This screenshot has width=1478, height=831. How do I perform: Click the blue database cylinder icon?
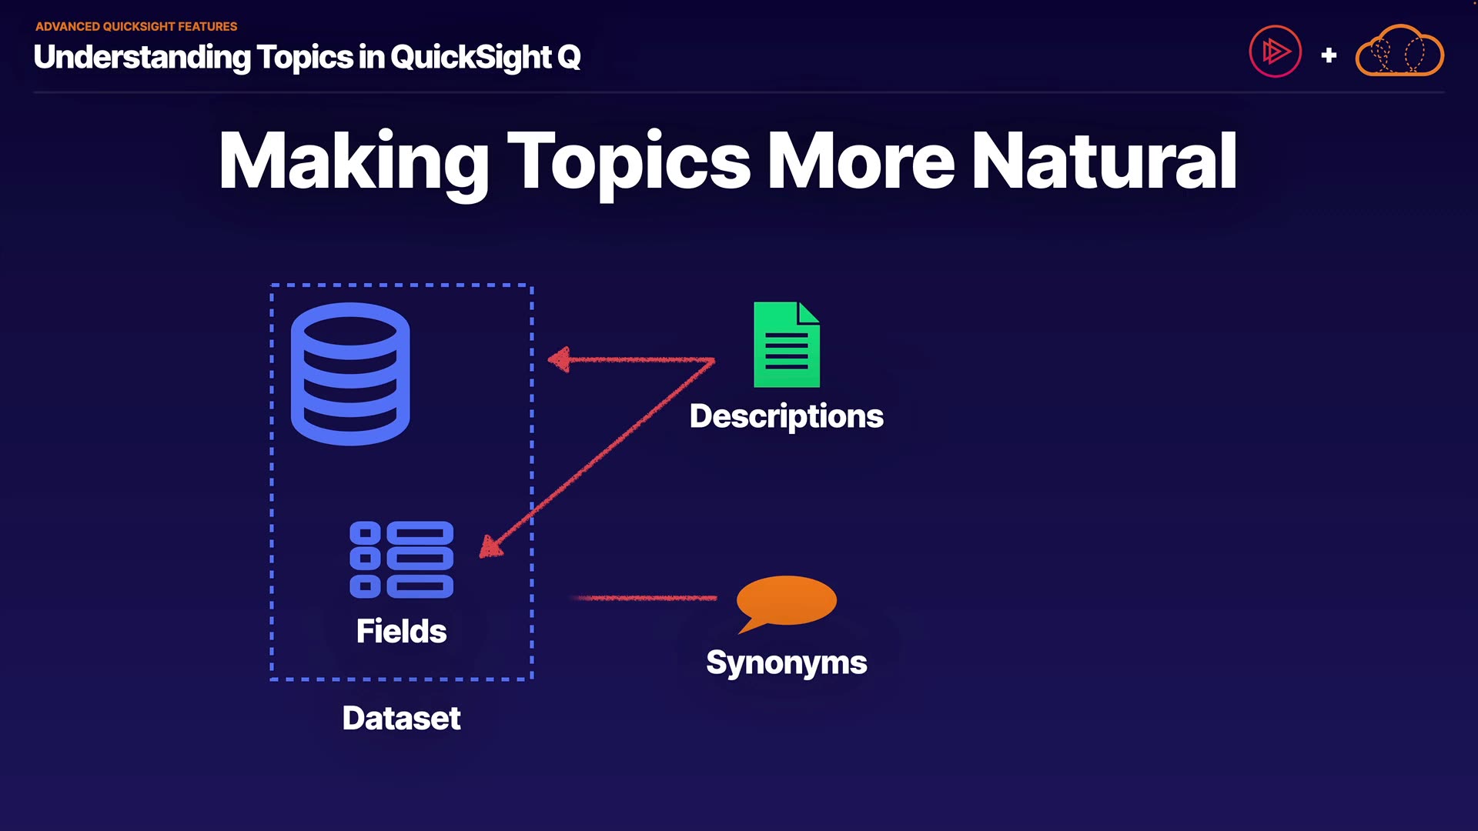[x=350, y=374]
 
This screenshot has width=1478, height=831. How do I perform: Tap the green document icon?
[x=786, y=345]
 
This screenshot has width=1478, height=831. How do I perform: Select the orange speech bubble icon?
[x=785, y=602]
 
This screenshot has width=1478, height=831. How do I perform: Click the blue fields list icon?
[x=401, y=559]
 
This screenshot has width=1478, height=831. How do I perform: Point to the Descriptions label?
[x=786, y=416]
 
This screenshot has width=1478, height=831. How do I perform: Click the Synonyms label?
[x=786, y=662]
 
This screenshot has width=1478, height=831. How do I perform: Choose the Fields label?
[x=401, y=631]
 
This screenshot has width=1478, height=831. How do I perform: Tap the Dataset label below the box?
[x=401, y=718]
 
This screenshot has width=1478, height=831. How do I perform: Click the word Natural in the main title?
[x=1104, y=161]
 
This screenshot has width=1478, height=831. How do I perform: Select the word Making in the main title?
[x=353, y=161]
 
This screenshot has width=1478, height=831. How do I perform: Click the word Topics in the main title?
[x=628, y=161]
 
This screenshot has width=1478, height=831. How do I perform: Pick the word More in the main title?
[x=861, y=161]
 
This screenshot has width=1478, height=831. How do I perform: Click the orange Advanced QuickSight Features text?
[x=136, y=26]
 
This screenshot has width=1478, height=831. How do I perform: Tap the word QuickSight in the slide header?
[x=471, y=57]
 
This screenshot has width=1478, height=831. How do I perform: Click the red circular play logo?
[x=1275, y=52]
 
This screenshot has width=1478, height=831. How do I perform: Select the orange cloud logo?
[x=1399, y=52]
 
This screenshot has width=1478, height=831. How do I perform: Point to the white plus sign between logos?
[x=1329, y=55]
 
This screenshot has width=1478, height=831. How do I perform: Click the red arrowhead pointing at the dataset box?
[x=560, y=359]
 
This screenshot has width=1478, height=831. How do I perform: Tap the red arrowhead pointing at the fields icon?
[x=490, y=547]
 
